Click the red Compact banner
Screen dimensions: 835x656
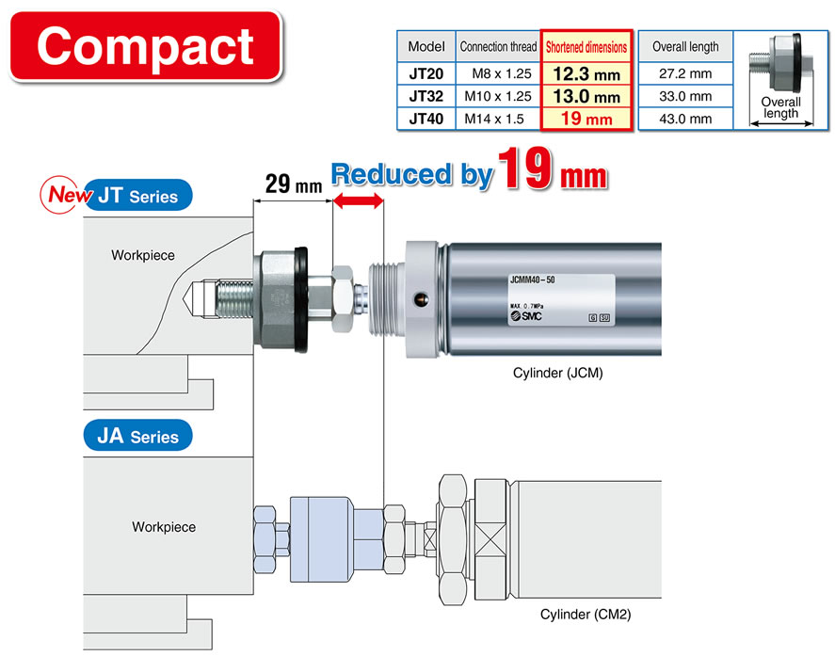click(146, 47)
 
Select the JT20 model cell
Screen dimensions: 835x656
click(426, 73)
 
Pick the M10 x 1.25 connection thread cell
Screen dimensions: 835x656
click(498, 96)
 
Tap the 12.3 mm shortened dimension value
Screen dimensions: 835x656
click(586, 74)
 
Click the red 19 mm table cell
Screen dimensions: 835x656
click(586, 119)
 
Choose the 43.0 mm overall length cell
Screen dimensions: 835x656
click(685, 119)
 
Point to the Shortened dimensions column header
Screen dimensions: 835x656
click(586, 47)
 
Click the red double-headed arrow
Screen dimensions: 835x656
click(358, 200)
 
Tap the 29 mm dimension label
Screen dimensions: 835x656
click(294, 184)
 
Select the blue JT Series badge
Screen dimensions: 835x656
click(138, 196)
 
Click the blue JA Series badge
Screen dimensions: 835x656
click(138, 436)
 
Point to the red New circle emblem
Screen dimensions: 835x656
click(59, 195)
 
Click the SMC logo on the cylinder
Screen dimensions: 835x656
click(526, 315)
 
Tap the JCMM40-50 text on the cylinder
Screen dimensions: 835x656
click(533, 280)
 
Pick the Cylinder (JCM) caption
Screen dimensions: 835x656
click(557, 373)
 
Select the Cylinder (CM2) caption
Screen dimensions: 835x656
click(586, 615)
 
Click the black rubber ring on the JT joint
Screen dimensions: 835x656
click(301, 300)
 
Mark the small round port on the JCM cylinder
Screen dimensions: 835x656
click(422, 300)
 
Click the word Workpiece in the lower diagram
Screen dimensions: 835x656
click(164, 527)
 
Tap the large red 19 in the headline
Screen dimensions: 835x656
click(524, 168)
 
